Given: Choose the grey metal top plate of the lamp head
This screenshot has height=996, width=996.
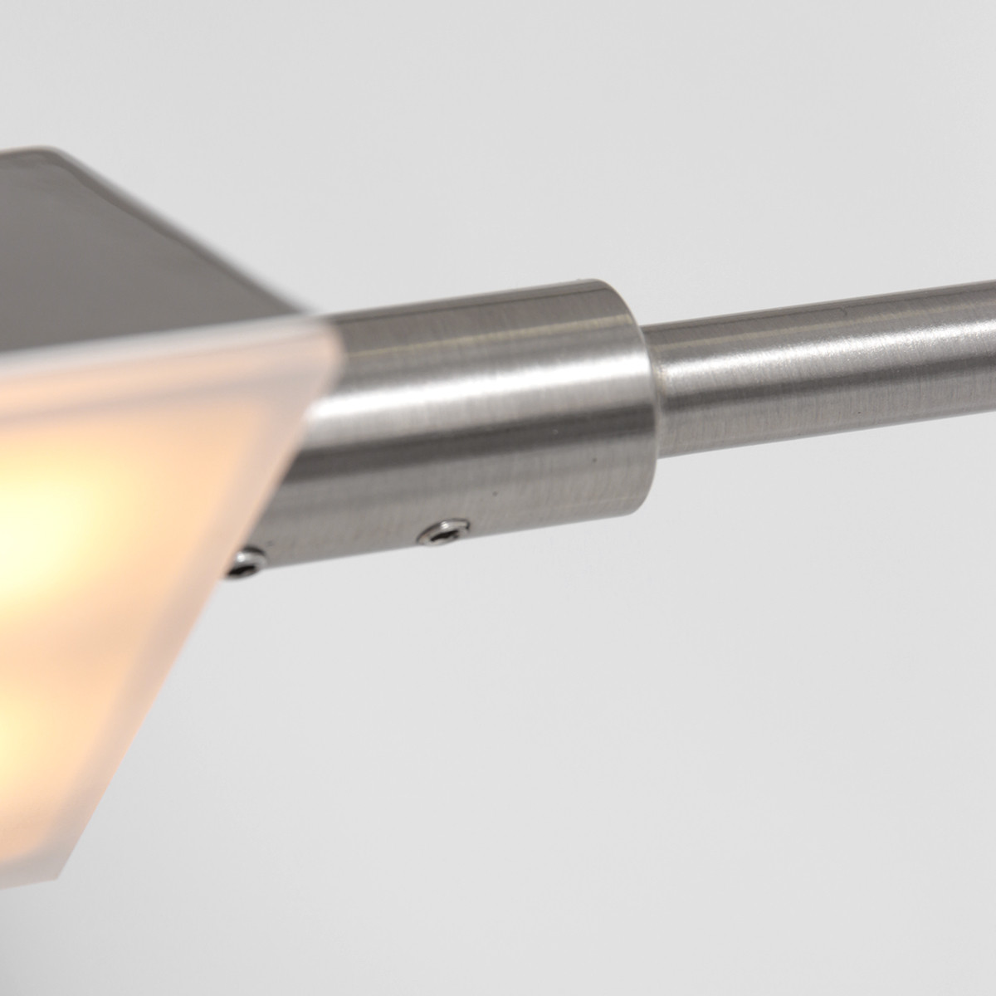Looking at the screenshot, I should (x=124, y=232).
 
